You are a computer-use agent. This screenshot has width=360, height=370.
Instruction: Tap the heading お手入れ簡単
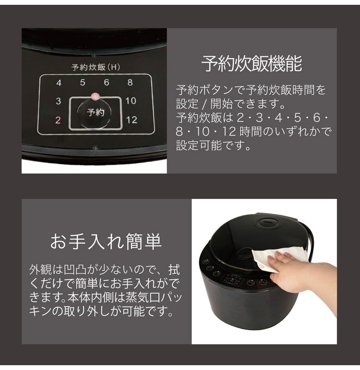coord(106,242)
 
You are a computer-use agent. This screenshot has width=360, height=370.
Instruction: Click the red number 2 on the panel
coord(58,120)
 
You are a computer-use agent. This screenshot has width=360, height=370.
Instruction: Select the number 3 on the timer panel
coord(58,101)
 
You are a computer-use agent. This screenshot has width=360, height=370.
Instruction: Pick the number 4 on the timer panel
coord(59,83)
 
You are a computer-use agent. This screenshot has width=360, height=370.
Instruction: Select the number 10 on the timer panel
coord(131,101)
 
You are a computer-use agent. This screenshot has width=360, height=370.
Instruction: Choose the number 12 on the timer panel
coord(131,120)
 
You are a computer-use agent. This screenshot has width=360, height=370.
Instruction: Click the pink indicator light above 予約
coord(95,96)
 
